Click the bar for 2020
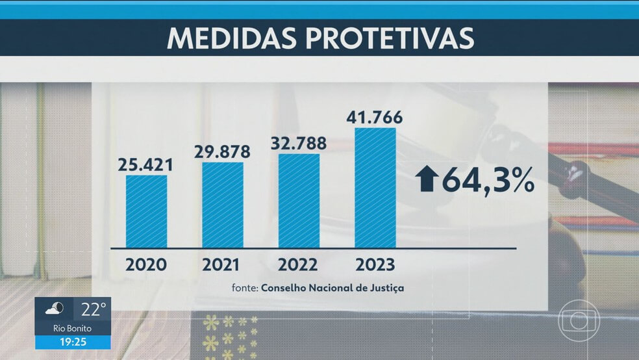[146, 211]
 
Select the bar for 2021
[223, 205]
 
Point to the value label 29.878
[223, 151]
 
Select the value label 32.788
[299, 143]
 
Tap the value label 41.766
[375, 117]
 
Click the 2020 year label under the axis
[146, 265]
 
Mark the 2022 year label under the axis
[299, 265]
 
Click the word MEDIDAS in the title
[238, 38]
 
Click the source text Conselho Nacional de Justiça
[332, 287]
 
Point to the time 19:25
[71, 342]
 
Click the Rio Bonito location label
[71, 327]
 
